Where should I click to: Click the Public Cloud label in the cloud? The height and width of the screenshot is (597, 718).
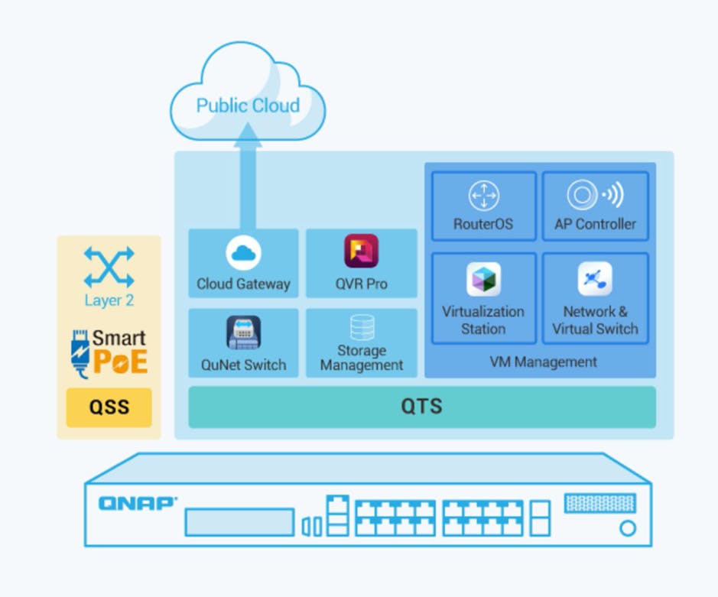[x=248, y=105]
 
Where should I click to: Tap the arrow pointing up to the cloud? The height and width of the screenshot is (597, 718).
[x=248, y=176]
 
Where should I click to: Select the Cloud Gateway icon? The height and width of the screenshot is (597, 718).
[x=243, y=253]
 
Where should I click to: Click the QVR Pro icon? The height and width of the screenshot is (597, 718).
[x=361, y=251]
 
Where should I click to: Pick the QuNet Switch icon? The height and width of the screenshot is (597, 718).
[x=243, y=333]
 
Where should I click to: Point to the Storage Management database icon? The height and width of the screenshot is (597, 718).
[x=362, y=326]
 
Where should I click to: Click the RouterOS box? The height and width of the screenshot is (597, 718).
[x=483, y=206]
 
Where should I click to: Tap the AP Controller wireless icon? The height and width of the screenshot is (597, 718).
[x=595, y=196]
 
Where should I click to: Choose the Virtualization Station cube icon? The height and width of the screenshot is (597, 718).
[x=483, y=279]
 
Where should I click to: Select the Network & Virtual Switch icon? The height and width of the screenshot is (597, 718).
[x=595, y=279]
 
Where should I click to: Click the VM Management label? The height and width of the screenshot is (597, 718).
[x=543, y=362]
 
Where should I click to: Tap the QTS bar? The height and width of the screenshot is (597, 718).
[x=422, y=407]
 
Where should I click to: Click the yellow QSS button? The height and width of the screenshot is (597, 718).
[x=109, y=407]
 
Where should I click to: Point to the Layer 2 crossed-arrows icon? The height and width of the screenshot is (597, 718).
[x=109, y=267]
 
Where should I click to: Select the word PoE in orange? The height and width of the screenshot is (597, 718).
[x=120, y=362]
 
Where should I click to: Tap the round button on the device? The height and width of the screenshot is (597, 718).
[x=628, y=527]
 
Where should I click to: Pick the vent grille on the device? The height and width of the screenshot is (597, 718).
[x=599, y=503]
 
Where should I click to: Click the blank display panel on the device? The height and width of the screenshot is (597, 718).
[x=239, y=522]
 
